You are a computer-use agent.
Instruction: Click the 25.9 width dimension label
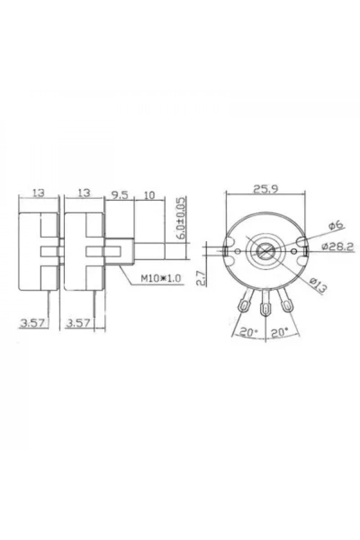click(265, 189)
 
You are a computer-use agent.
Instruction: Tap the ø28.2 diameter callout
click(338, 246)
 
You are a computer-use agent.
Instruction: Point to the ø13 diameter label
click(318, 285)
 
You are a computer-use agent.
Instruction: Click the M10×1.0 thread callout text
click(161, 278)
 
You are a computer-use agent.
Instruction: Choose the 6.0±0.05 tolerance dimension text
click(182, 218)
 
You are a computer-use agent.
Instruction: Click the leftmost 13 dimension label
click(39, 193)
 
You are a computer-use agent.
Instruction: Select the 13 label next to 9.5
click(84, 193)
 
